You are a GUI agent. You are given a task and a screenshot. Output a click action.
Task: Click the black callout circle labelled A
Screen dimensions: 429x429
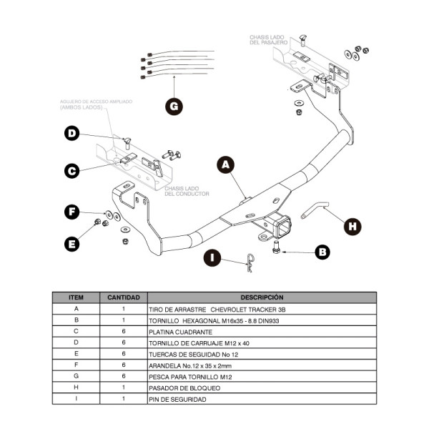[226, 165]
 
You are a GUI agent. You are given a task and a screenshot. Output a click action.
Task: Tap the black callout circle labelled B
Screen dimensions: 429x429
[322, 251]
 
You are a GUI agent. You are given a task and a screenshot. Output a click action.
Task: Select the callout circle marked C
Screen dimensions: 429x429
[71, 171]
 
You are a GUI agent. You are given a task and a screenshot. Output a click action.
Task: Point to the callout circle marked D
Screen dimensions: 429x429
[71, 133]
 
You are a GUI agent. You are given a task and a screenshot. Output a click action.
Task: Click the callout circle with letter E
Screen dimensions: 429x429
[71, 244]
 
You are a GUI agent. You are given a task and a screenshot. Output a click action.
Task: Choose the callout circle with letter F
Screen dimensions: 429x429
[71, 212]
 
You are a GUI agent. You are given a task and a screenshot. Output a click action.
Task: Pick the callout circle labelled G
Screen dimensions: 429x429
[174, 107]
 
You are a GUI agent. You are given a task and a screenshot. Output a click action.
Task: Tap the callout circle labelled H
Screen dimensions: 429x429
[351, 226]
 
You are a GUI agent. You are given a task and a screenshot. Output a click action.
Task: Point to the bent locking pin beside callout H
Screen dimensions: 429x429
[316, 210]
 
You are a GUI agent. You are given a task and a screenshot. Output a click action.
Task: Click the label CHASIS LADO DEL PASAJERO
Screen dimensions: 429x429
[270, 39]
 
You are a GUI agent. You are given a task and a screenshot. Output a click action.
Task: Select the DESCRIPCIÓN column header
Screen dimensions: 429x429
[262, 297]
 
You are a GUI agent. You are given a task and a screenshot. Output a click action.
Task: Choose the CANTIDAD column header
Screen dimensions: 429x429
[124, 297]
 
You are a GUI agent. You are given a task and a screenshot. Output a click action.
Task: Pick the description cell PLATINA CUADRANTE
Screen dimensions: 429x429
[180, 332]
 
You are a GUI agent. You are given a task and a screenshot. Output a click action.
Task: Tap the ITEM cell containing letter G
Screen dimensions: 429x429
[77, 376]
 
